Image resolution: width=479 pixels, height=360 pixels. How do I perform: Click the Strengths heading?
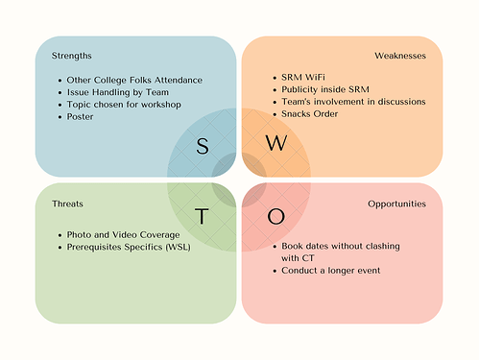[x=59, y=56]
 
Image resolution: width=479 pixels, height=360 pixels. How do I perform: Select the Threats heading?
[x=55, y=204]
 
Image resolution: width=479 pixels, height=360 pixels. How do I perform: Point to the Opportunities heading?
[x=397, y=204]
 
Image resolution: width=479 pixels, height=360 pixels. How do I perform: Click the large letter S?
[x=203, y=145]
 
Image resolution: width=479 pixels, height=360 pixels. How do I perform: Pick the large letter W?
[x=275, y=144]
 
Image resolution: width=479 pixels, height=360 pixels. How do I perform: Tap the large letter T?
[x=203, y=216]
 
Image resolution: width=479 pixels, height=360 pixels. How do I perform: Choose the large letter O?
[x=275, y=216]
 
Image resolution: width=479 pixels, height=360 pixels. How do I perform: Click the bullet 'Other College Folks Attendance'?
[x=134, y=79]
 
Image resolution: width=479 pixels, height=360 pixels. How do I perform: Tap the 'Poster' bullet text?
[x=81, y=115]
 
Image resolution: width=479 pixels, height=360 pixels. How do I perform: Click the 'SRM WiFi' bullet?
[x=302, y=77]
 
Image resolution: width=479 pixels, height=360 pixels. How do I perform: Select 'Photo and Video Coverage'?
[x=122, y=235]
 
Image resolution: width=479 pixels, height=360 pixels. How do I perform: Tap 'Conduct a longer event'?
[x=331, y=271]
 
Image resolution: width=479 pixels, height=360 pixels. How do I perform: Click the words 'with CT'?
[x=301, y=258]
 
